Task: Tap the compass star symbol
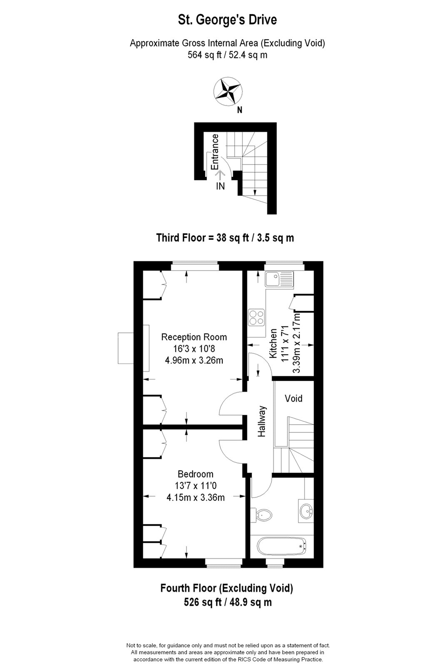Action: [x=228, y=91]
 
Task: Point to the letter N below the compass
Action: [x=239, y=110]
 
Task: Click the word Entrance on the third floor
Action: [x=215, y=152]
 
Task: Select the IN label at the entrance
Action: [x=220, y=186]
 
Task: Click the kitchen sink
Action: [x=279, y=279]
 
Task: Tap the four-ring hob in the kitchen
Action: [x=257, y=317]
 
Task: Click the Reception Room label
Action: [x=194, y=337]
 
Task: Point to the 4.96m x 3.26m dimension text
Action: [x=194, y=360]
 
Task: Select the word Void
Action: [x=293, y=399]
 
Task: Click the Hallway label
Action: [x=262, y=421]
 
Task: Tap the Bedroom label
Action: [x=195, y=474]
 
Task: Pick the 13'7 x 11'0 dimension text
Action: [x=195, y=486]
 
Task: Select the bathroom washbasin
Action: [x=306, y=512]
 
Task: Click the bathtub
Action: [x=282, y=547]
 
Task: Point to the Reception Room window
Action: [x=195, y=266]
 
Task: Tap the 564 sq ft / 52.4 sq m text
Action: [x=227, y=55]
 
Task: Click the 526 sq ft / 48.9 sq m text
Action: [x=228, y=602]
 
